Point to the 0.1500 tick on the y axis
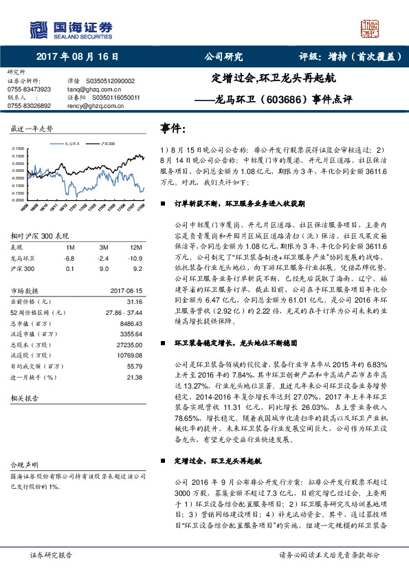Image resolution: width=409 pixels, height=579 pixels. [19, 149]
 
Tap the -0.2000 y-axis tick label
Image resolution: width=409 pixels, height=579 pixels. [19, 201]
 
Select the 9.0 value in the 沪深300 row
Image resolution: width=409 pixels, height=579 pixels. [104, 269]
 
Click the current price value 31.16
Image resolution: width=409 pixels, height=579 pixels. [134, 302]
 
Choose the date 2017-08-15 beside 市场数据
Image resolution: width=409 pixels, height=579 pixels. [126, 291]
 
